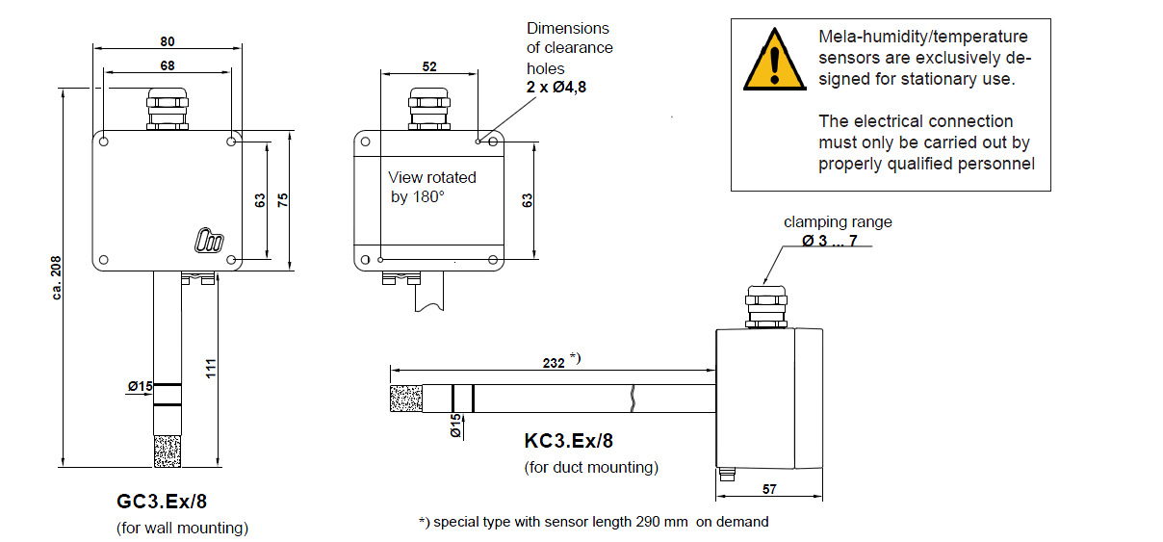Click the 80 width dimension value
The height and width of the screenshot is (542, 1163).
pos(168,41)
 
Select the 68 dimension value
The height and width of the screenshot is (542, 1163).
pos(168,65)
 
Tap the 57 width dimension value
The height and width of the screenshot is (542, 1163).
pos(768,490)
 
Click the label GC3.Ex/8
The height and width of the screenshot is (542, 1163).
pos(161,502)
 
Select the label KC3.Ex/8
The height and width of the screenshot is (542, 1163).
pos(568,441)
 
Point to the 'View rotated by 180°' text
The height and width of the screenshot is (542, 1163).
pos(431,187)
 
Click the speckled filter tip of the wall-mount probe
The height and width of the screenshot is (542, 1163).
pos(168,452)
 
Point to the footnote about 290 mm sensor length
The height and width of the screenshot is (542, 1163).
pos(593,522)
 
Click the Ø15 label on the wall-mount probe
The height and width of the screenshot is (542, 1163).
pos(141,387)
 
